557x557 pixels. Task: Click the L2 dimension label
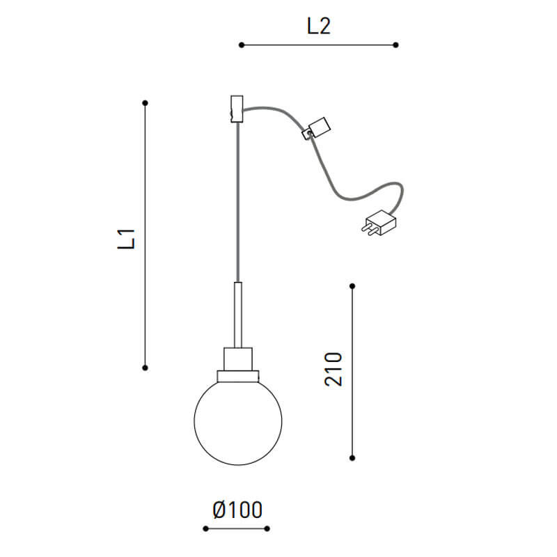tap(318, 26)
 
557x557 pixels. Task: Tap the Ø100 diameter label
tap(237, 510)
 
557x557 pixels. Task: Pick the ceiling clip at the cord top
tap(237, 109)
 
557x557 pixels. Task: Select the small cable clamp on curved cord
tap(317, 127)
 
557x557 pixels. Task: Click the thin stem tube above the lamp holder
tap(237, 313)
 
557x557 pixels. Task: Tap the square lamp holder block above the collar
tap(237, 359)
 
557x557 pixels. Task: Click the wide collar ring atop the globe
tap(237, 376)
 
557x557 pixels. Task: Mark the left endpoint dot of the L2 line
tap(242, 45)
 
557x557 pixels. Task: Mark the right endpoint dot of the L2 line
tap(395, 45)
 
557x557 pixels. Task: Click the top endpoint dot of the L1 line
tap(145, 103)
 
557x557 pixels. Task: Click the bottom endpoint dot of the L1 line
tap(145, 367)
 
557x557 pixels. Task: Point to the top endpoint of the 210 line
tap(352, 285)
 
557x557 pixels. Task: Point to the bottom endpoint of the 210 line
tap(352, 457)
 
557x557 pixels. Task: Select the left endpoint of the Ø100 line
tap(205, 528)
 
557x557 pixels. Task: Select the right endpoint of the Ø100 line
tap(268, 528)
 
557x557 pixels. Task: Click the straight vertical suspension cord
tap(237, 202)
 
